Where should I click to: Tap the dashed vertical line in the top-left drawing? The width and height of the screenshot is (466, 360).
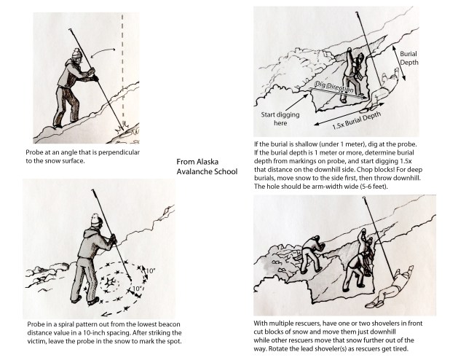(x=123, y=73)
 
